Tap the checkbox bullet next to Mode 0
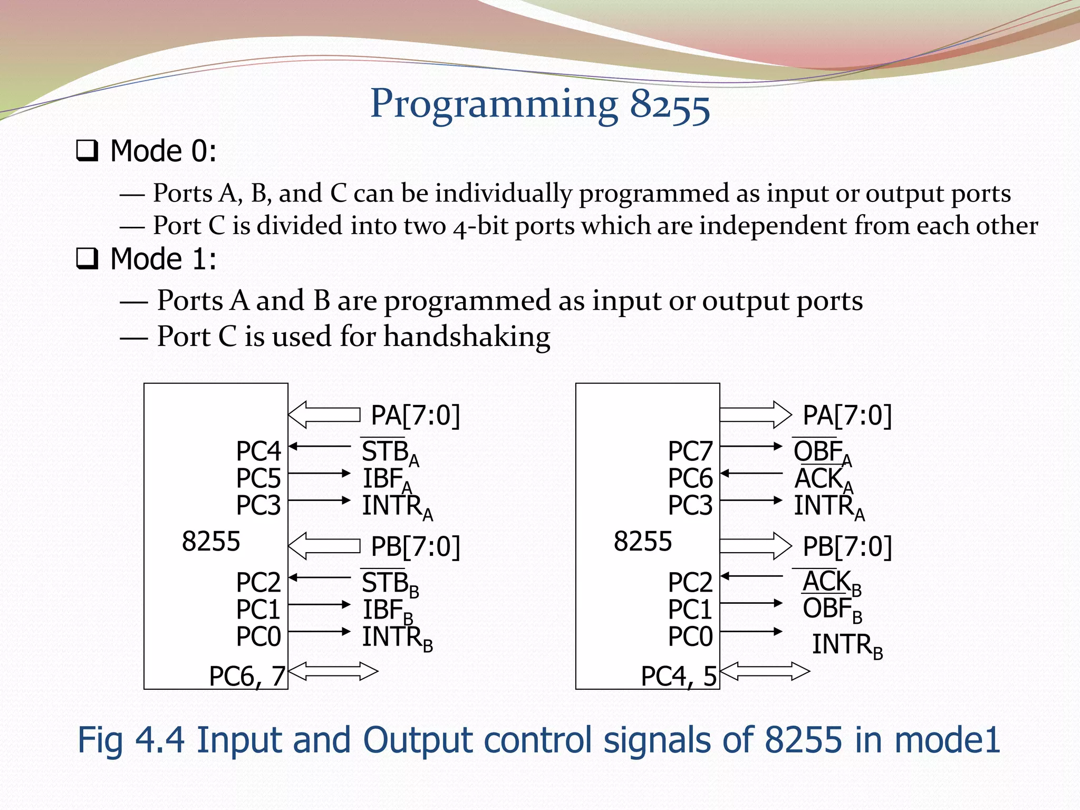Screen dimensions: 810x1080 pos(87,151)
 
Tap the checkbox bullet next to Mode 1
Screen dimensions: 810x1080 pos(87,259)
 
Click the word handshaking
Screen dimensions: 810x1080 pos(467,336)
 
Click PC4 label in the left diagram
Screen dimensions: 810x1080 pos(258,451)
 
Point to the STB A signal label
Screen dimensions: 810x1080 pos(389,452)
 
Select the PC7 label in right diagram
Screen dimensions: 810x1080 pos(690,451)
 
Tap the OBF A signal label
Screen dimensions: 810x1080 pos(822,452)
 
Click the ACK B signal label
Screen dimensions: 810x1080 pos(831,583)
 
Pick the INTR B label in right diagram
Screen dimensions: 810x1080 pos(846,645)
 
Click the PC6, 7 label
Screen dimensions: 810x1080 pos(247,677)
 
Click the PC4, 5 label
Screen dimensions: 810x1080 pos(679,677)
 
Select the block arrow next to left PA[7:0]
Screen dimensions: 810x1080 pos(324,415)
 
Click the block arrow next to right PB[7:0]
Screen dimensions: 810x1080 pos(755,546)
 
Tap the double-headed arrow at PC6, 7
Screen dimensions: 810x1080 pos(333,671)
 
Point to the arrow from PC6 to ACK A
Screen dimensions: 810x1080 pos(751,474)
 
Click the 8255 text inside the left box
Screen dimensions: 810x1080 pos(211,542)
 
